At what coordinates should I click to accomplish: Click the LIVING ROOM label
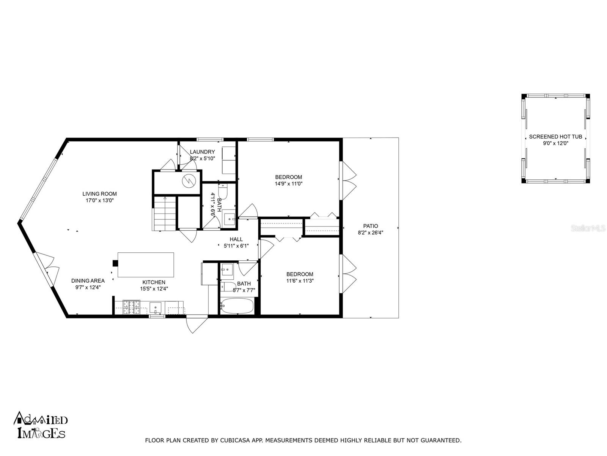[x=99, y=194]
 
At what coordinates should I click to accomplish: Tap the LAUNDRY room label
[x=202, y=152]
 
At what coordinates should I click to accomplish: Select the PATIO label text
[x=371, y=226]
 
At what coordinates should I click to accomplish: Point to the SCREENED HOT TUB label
[x=555, y=136]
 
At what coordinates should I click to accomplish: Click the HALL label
[x=236, y=239]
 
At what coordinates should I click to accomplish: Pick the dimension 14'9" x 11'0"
[x=288, y=184]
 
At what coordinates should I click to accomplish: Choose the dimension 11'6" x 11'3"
[x=300, y=281]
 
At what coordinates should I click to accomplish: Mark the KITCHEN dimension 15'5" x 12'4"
[x=154, y=288]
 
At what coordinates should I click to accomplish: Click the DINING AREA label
[x=88, y=281]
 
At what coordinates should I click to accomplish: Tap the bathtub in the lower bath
[x=237, y=306]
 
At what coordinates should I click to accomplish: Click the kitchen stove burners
[x=132, y=307]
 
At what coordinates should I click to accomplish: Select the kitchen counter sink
[x=156, y=307]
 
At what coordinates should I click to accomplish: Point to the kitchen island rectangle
[x=146, y=265]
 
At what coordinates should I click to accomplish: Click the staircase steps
[x=165, y=213]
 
